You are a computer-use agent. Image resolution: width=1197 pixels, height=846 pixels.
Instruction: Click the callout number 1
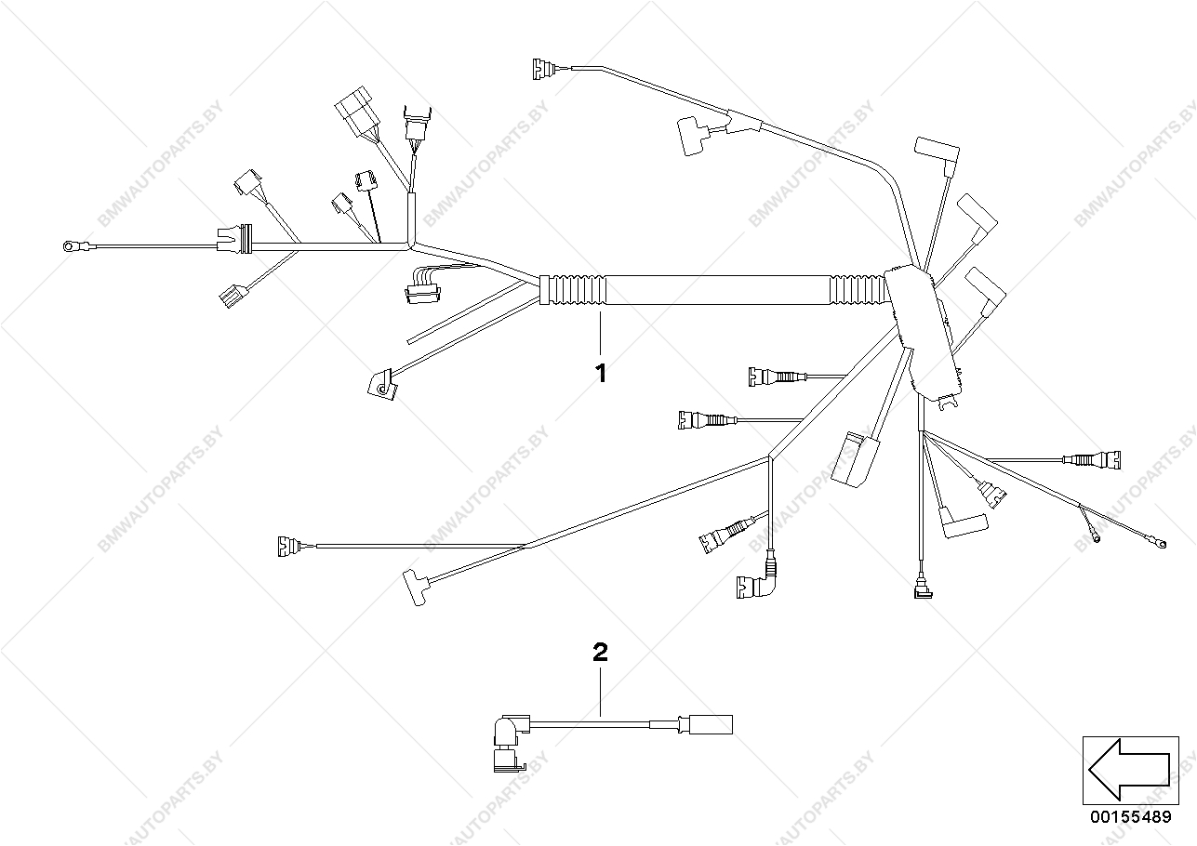tap(601, 374)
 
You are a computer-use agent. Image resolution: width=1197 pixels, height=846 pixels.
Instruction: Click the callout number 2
tap(601, 652)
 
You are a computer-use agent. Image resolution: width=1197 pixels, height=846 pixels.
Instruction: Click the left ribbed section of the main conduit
tap(571, 289)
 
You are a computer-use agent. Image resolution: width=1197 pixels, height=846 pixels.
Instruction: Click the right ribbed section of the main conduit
tap(857, 289)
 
